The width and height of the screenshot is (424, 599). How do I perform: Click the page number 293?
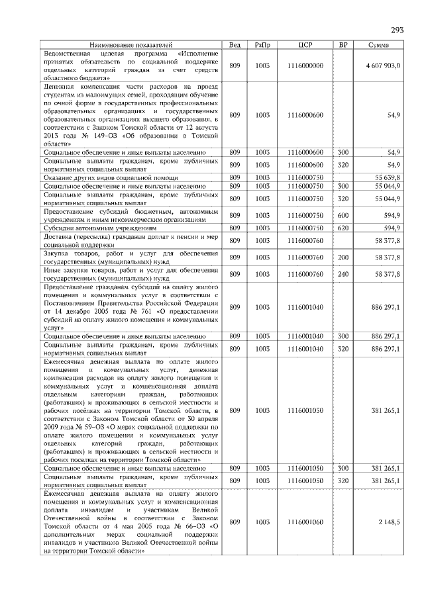397,30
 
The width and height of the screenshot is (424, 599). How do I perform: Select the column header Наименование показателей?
131,44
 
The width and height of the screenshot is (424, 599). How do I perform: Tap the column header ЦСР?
305,44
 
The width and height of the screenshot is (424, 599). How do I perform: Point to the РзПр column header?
263,44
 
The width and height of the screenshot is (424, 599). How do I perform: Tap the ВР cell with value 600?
343,215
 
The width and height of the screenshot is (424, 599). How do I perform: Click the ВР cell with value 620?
343,228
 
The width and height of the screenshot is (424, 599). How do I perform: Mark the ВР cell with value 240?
343,273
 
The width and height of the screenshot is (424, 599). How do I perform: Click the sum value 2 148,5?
389,522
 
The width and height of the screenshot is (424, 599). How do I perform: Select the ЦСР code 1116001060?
305,522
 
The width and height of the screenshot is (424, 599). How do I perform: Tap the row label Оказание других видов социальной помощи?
111,177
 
